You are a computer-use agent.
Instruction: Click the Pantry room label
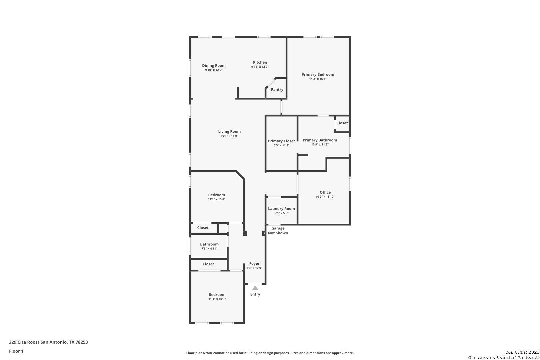tap(277, 89)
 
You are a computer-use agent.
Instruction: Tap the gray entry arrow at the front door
tap(255, 288)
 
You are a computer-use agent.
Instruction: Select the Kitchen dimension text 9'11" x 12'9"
tap(260, 67)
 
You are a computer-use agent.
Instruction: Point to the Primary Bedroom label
tap(318, 75)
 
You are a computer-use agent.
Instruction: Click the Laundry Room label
tap(281, 209)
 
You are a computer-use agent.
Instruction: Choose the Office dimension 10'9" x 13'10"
tap(325, 197)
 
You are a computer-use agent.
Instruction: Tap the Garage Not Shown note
tap(278, 231)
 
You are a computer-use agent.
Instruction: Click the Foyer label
tap(254, 264)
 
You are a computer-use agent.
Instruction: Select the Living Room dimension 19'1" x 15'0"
tap(229, 136)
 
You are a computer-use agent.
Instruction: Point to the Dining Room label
tap(214, 66)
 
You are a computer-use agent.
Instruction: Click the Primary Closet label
tap(281, 141)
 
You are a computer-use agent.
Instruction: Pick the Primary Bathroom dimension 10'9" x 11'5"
tap(320, 145)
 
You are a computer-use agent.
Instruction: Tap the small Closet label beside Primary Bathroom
tap(342, 123)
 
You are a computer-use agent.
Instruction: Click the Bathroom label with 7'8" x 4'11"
tap(209, 244)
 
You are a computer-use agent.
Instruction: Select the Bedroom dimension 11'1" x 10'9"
tap(217, 299)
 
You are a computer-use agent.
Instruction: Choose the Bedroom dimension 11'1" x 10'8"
tap(216, 199)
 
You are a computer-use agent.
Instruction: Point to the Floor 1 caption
tap(16, 351)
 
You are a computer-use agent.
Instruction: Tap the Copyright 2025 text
tap(522, 352)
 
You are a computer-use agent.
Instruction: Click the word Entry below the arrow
tap(255, 294)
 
